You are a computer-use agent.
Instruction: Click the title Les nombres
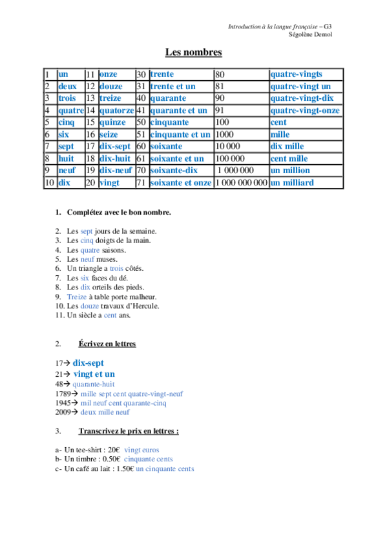pos(193,52)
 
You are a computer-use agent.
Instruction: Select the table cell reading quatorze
pos(116,111)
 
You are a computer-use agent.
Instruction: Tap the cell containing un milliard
pos(292,183)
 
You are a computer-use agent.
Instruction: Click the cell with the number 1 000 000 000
pos(241,183)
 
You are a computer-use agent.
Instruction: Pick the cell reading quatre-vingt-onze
pos(302,111)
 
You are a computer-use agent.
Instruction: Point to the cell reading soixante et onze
pos(181,183)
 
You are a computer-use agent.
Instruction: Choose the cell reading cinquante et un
pos(180,134)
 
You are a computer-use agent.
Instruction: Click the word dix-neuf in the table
pos(116,171)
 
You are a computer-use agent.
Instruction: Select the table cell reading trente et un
pos(173,87)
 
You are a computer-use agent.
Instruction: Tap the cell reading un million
pos(290,171)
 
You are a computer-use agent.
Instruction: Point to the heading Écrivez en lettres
pos(107,344)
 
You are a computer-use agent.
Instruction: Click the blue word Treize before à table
pos(77,296)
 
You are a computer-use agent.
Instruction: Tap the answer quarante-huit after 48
pos(94,384)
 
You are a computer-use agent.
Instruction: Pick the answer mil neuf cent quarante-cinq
pos(123,403)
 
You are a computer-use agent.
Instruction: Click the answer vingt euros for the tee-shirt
pos(141,450)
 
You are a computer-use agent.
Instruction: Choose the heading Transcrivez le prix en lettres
pos(129,430)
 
